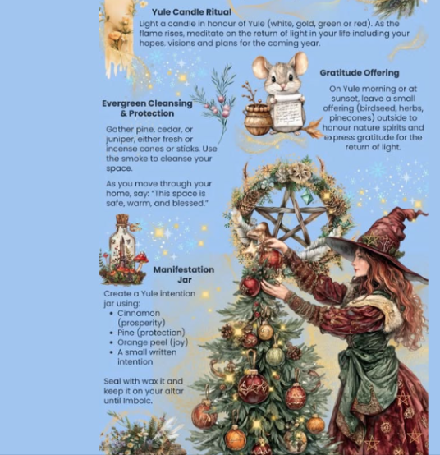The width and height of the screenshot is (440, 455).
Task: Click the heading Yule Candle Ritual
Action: (191, 12)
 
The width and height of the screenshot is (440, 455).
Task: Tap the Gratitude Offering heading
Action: (360, 73)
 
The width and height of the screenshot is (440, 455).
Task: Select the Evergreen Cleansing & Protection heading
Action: (147, 108)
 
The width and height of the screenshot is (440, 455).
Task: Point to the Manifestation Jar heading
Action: (184, 274)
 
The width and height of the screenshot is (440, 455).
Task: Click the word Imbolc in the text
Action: (137, 401)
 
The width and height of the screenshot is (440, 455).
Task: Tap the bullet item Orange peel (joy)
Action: (153, 342)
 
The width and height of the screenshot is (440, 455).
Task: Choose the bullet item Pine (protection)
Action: (151, 333)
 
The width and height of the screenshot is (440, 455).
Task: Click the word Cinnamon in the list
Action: (139, 313)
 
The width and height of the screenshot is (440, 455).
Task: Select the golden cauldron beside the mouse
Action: (257, 120)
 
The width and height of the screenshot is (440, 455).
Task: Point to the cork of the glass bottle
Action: (122, 218)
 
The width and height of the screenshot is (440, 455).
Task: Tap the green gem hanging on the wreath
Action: (306, 196)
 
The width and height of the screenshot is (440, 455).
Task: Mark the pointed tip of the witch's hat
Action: (425, 214)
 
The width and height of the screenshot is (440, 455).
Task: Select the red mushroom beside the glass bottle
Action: (141, 258)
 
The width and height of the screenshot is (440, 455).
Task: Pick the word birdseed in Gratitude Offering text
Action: (378, 108)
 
